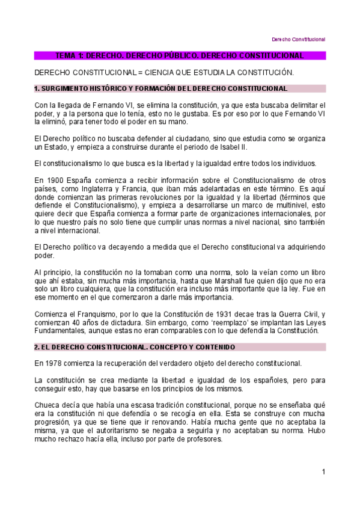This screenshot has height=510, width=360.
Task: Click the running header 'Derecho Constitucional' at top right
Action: pos(299,39)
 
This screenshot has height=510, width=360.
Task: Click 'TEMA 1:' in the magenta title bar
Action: pos(70,56)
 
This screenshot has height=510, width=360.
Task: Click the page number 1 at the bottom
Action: pos(323,472)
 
